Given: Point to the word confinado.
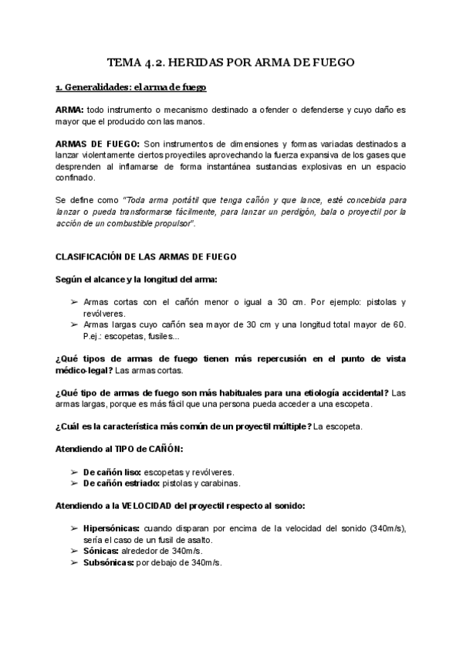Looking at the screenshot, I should [76, 177].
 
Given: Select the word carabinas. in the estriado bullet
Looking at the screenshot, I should [218, 484].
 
